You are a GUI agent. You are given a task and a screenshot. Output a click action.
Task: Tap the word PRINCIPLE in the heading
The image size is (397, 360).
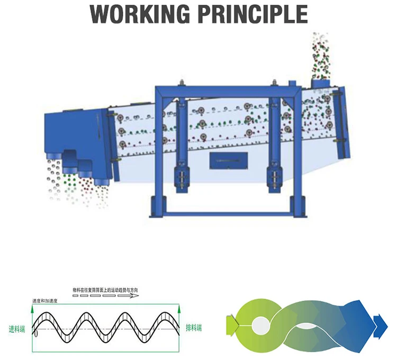coord(252,14)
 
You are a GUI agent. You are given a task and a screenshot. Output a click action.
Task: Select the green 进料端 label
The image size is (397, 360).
coord(18,328)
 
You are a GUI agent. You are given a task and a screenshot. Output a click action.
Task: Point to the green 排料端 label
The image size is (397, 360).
coord(193,328)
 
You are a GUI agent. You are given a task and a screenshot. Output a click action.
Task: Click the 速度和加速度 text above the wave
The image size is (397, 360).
coord(44,301)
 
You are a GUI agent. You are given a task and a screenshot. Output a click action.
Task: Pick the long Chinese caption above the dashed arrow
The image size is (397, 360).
coord(106,290)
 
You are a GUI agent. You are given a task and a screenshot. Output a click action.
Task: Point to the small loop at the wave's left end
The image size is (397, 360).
coord(35,334)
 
